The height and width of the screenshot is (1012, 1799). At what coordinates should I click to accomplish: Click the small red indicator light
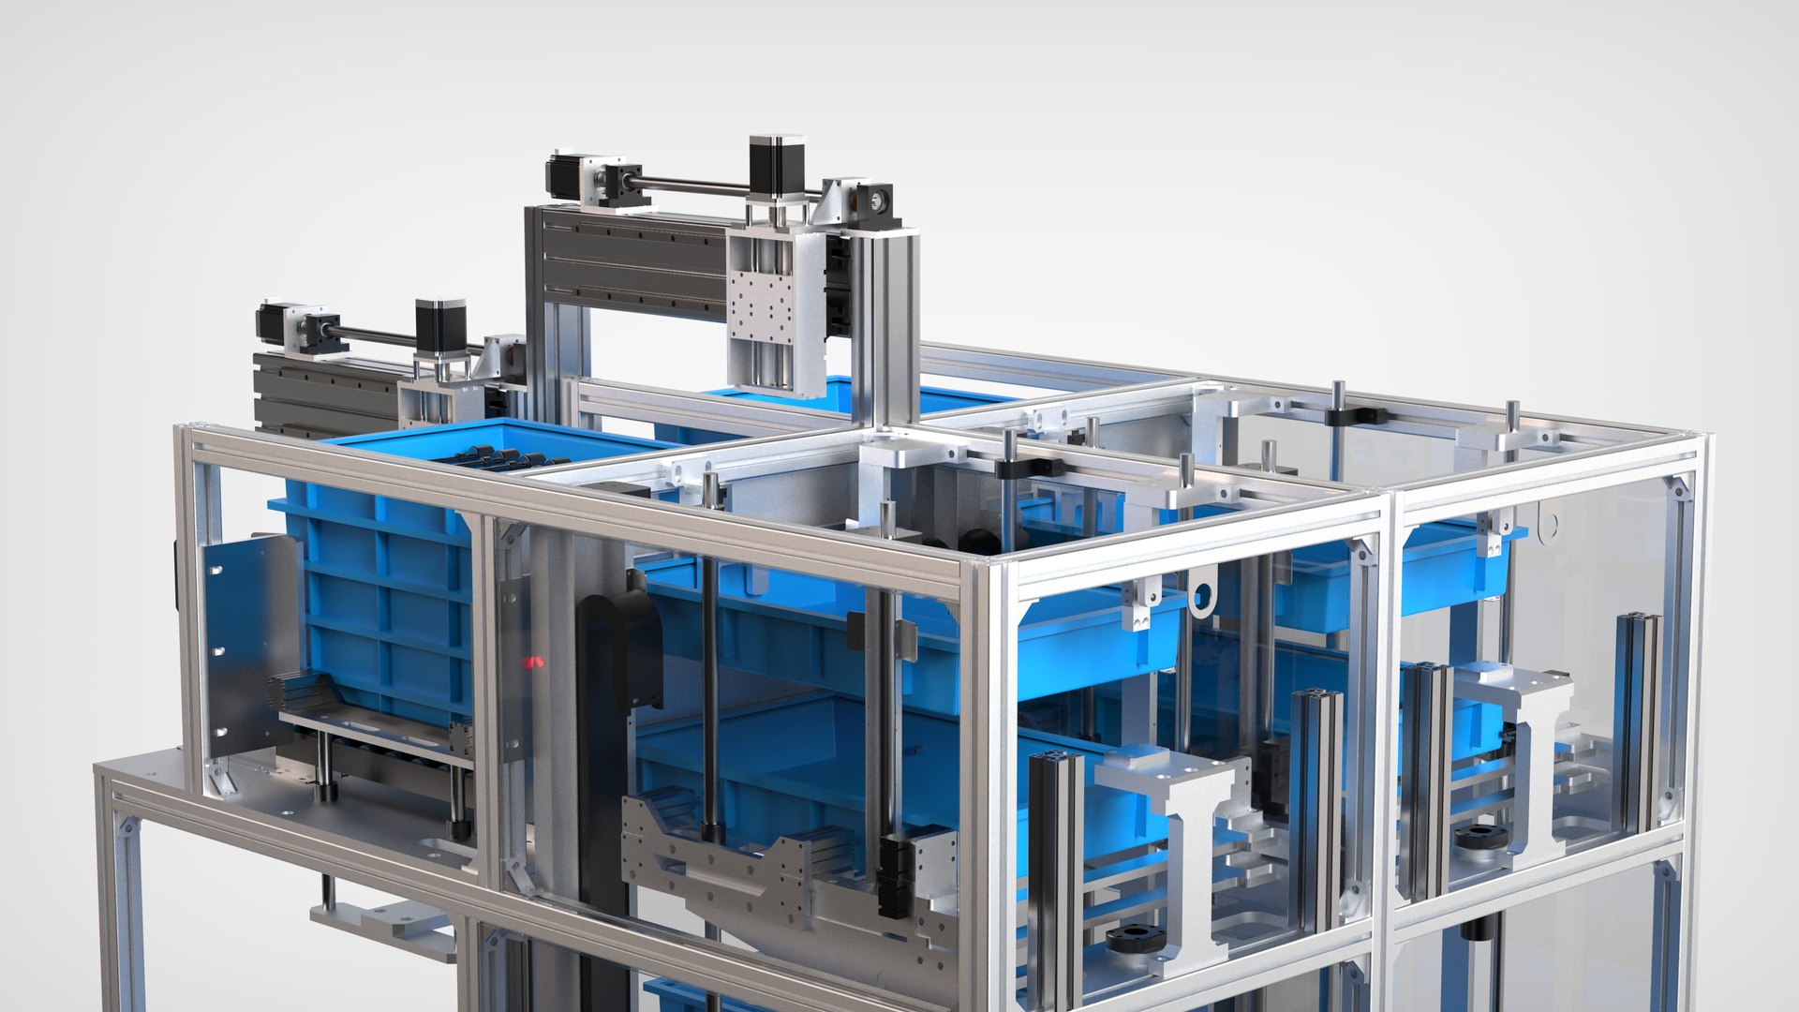(x=532, y=662)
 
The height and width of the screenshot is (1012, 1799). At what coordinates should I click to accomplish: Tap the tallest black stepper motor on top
(x=777, y=166)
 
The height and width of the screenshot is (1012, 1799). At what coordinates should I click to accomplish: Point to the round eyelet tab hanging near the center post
(x=1200, y=596)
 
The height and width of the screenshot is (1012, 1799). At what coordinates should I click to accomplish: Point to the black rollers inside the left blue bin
(x=506, y=458)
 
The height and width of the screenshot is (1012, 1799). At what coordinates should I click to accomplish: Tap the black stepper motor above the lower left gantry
(x=440, y=325)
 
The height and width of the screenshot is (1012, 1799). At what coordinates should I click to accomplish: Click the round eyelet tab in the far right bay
(x=1550, y=525)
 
